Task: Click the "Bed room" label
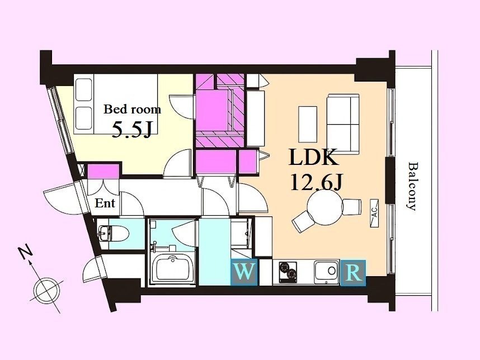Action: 132,110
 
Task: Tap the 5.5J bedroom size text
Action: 132,130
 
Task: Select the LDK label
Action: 314,157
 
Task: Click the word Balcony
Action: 413,186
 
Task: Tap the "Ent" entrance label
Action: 105,203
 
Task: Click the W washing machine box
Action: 244,272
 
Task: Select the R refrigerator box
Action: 353,273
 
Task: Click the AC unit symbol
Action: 374,213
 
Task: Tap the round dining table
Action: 324,207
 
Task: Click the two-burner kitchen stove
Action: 288,271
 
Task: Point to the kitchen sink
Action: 327,271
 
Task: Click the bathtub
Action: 172,268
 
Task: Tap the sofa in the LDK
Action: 343,123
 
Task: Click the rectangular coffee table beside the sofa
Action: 308,124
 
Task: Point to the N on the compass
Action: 26,251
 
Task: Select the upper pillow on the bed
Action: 84,89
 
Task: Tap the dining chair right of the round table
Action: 352,207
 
